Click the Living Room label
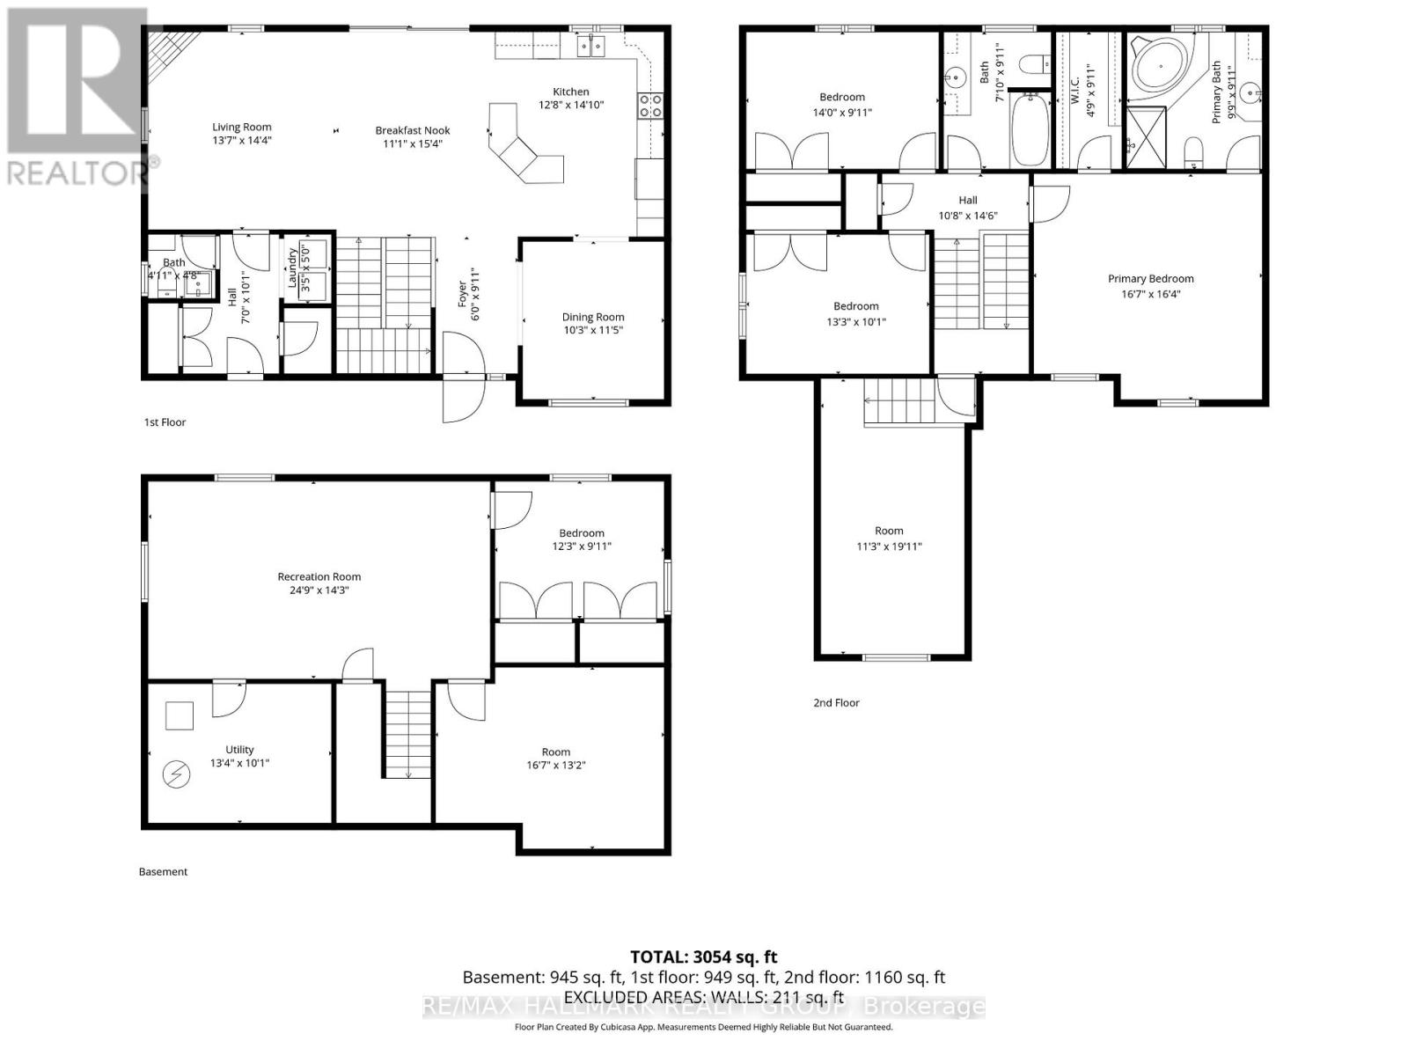[x=241, y=127]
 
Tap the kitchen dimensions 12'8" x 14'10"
[x=571, y=105]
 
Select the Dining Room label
[x=593, y=317]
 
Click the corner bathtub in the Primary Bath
[x=1157, y=65]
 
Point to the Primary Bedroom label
[x=1150, y=279]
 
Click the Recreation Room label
[x=319, y=576]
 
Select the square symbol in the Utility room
[x=180, y=715]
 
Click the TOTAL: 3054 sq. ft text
[x=703, y=957]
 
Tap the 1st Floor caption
[x=165, y=422]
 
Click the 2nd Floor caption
[x=836, y=702]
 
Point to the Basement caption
[x=163, y=872]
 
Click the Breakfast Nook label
[x=413, y=130]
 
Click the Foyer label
[x=461, y=299]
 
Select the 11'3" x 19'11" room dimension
[x=889, y=546]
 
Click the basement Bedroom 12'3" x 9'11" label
[x=582, y=533]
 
